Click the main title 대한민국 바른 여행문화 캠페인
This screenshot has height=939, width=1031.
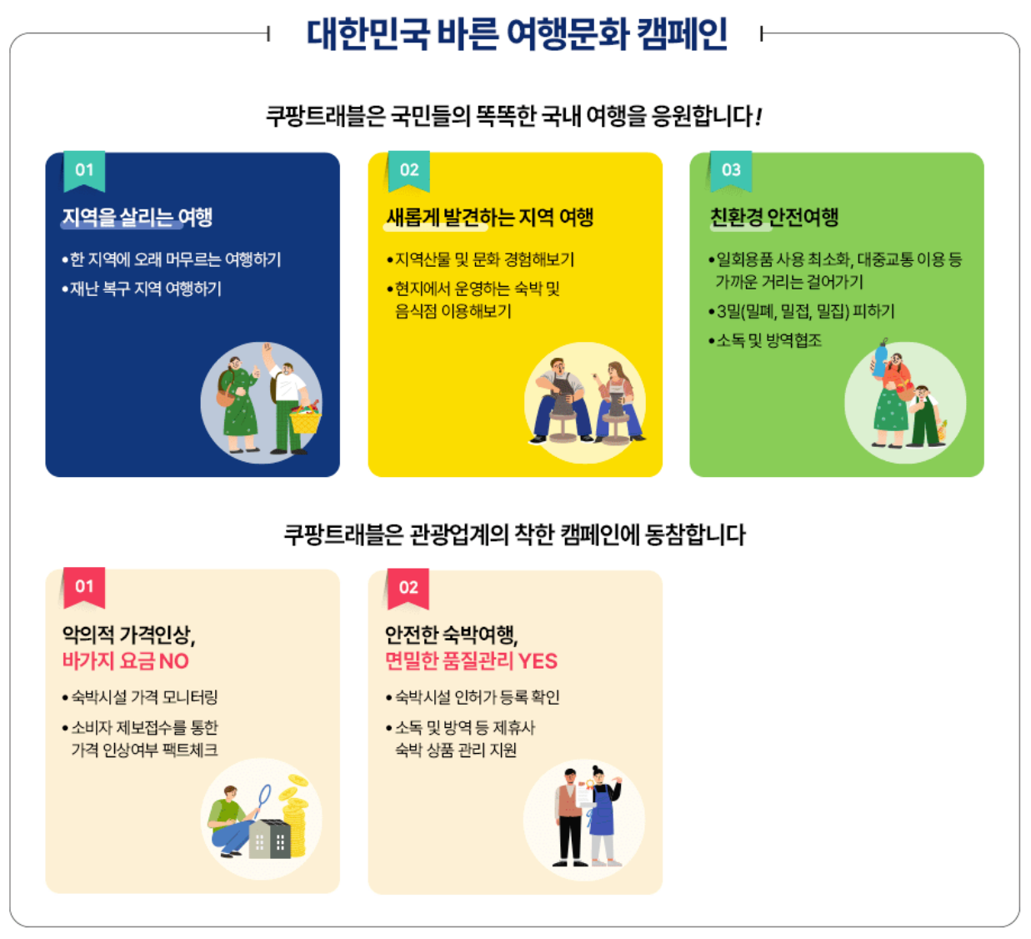(516, 35)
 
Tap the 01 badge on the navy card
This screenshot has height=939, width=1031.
(84, 170)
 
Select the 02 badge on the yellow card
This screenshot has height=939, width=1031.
(408, 170)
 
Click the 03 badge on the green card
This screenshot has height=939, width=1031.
(731, 170)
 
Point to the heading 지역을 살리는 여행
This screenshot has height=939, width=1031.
(138, 218)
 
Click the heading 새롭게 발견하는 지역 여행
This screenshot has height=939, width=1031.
(489, 218)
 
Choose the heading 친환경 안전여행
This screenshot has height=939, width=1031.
(773, 218)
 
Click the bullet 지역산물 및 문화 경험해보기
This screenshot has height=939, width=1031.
(484, 260)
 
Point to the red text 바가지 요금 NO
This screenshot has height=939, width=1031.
(126, 661)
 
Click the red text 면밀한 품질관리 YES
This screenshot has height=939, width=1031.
(471, 661)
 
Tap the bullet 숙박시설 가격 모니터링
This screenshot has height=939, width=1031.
(144, 697)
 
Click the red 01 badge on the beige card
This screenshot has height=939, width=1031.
(84, 587)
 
